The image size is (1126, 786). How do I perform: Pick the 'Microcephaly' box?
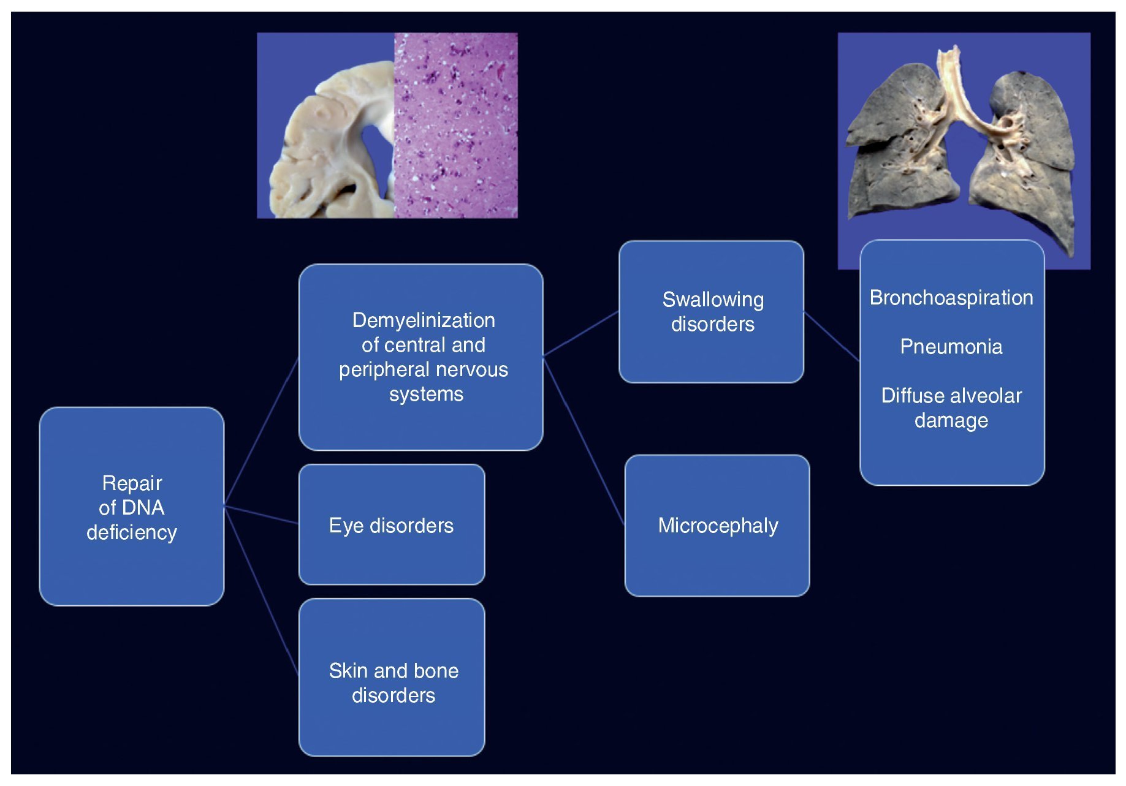(717, 525)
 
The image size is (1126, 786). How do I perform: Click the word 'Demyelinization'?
(424, 320)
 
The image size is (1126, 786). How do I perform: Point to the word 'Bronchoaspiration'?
(951, 298)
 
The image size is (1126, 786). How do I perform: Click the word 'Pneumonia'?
(951, 347)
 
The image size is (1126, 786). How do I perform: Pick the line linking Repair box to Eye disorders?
(261, 515)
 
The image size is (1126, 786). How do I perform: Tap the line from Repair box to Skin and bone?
(262, 591)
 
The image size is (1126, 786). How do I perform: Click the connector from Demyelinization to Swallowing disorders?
(580, 333)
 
